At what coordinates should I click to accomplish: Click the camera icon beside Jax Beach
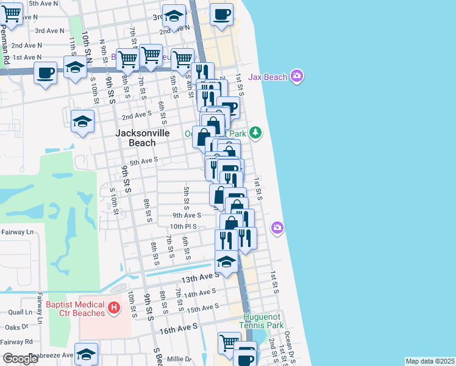[296, 76]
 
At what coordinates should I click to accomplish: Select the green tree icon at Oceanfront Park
[256, 132]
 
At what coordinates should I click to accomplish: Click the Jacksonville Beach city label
[135, 137]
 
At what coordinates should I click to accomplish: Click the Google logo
[21, 359]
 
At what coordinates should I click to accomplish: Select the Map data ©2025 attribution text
[430, 361]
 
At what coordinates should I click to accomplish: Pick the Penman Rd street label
[7, 49]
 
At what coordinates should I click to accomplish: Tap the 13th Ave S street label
[198, 276]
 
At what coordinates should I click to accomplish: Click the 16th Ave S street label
[179, 328]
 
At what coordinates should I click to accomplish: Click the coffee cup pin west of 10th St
[46, 73]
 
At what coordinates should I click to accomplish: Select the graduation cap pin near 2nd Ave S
[82, 121]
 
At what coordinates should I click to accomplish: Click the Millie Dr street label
[179, 359]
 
